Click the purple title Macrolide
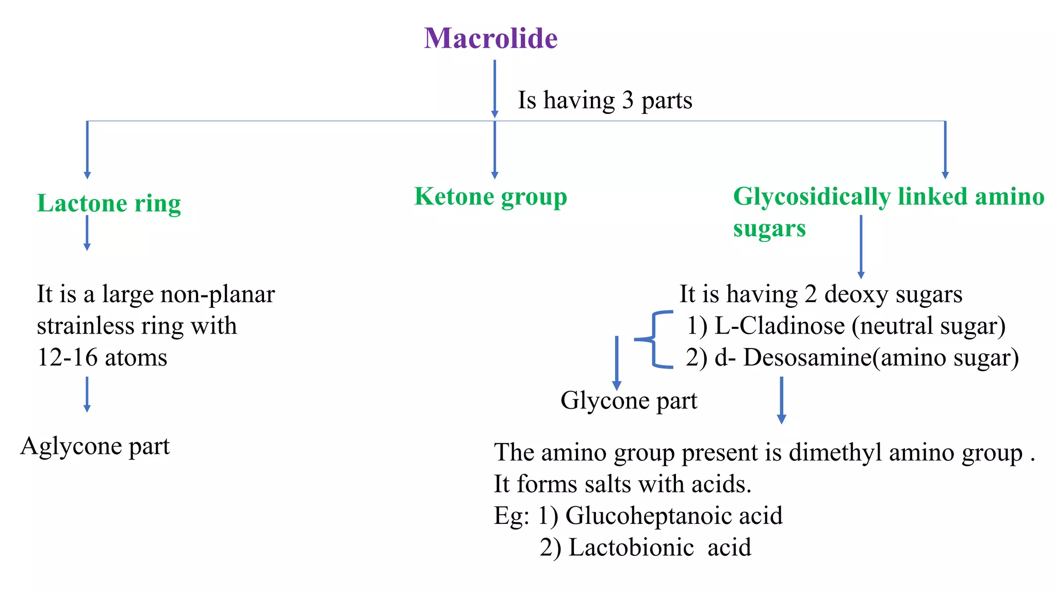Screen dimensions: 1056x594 pyautogui.click(x=491, y=38)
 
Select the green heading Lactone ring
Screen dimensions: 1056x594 pyautogui.click(x=109, y=203)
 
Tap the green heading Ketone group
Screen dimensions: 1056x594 pyautogui.click(x=490, y=196)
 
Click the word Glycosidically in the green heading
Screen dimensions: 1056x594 pyautogui.click(x=812, y=196)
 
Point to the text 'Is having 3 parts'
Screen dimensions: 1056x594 pyautogui.click(x=605, y=100)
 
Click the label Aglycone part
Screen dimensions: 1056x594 pyautogui.click(x=95, y=446)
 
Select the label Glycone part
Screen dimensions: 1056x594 pyautogui.click(x=629, y=401)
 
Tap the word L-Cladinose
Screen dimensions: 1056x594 pyautogui.click(x=780, y=326)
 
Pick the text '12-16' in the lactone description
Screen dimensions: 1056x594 pyautogui.click(x=67, y=357)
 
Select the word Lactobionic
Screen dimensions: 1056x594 pyautogui.click(x=631, y=548)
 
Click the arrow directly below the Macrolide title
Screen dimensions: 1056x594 pyautogui.click(x=494, y=89)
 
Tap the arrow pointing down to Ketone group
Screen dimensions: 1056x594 pyautogui.click(x=494, y=150)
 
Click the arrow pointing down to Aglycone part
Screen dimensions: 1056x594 pyautogui.click(x=87, y=394)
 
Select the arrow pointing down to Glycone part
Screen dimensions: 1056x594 pyautogui.click(x=617, y=363)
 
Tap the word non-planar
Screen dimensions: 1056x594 pyautogui.click(x=218, y=294)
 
